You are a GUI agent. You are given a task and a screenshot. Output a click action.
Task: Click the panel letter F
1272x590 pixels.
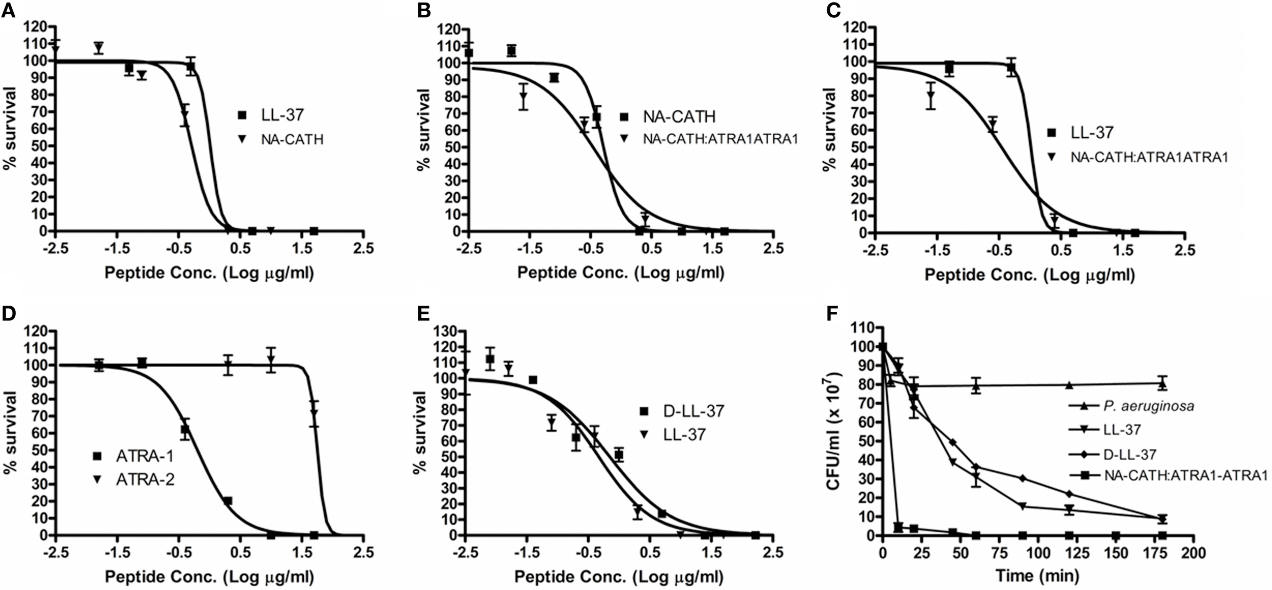[833, 314]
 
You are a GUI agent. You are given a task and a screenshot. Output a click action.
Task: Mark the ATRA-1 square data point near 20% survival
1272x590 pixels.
[227, 501]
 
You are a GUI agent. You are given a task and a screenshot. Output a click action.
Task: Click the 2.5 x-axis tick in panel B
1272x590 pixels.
[773, 249]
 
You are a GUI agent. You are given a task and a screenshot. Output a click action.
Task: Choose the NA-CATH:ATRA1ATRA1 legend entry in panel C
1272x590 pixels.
[1149, 157]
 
